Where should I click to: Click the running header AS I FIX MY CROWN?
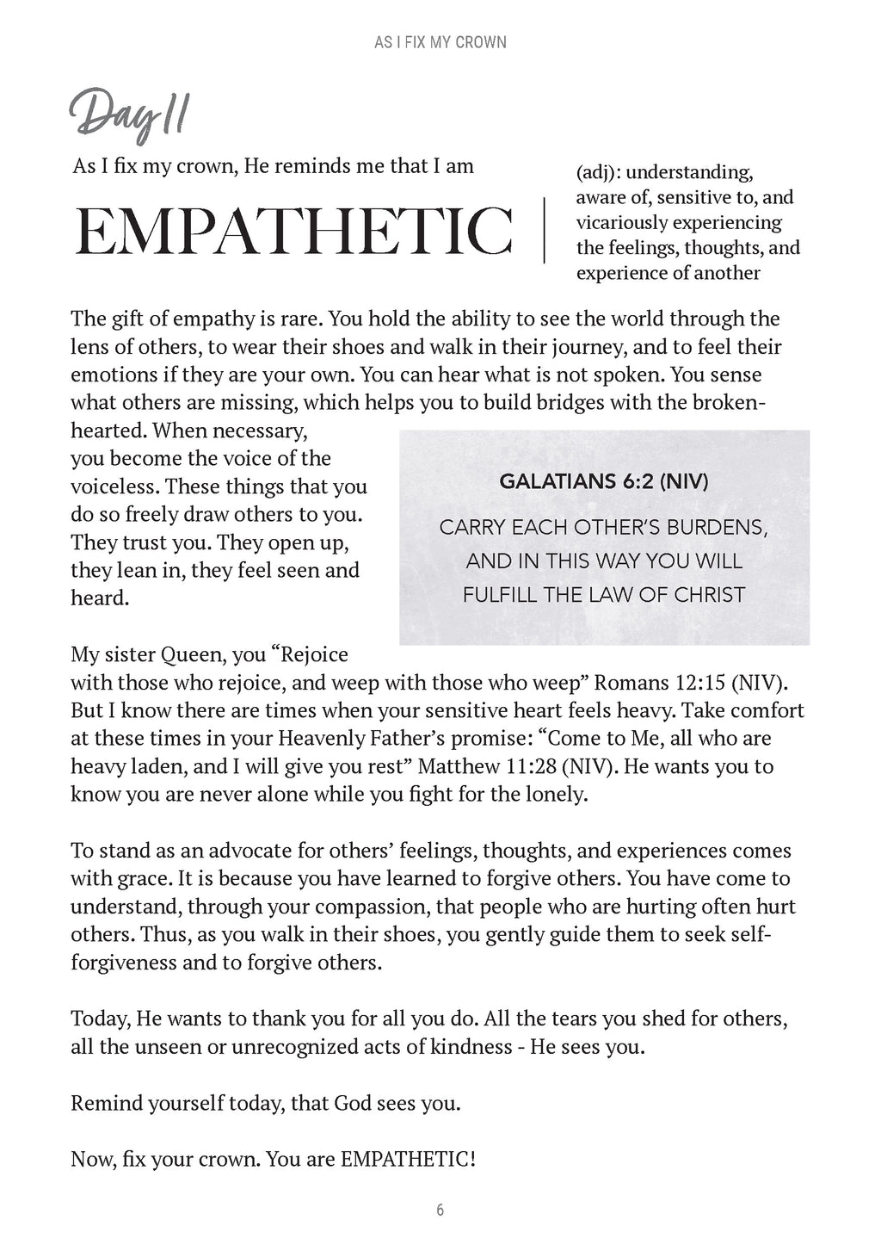440,41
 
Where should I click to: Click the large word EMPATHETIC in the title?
293,230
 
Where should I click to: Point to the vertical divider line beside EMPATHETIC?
545,230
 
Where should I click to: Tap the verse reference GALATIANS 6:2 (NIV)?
604,481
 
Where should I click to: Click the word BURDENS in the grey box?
719,527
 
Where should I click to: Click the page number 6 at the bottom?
440,1210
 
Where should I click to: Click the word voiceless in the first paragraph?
114,486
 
